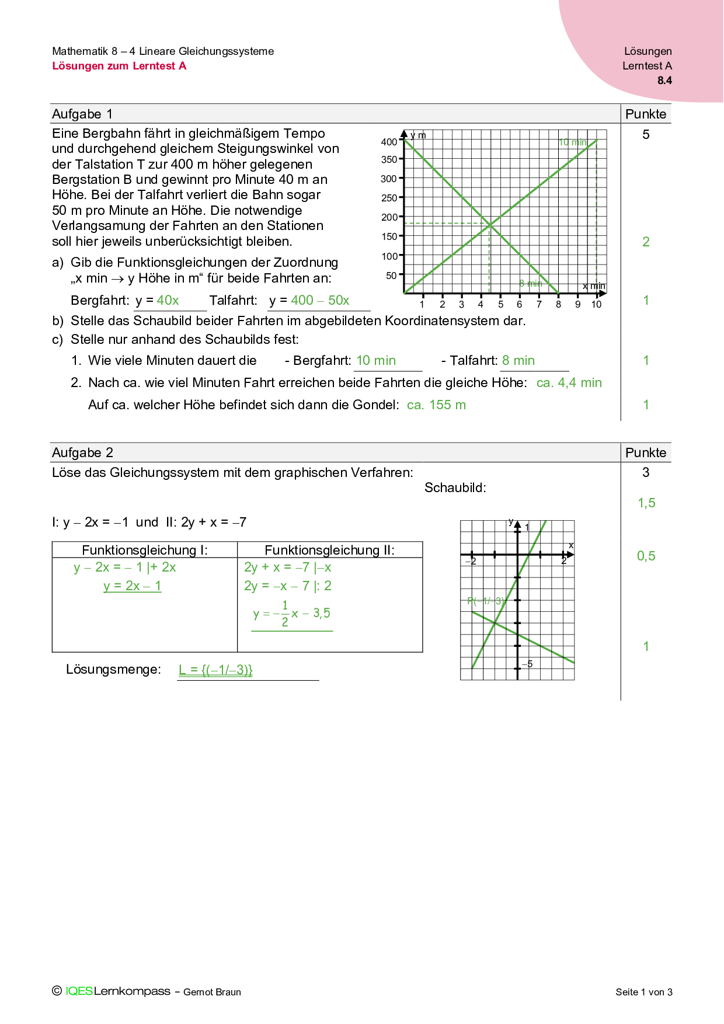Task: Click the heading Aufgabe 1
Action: (x=82, y=114)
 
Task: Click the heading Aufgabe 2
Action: (x=82, y=452)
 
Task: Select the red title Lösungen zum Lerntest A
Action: (x=119, y=66)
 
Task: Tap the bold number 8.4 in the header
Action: (x=664, y=81)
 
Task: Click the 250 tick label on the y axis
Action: (x=389, y=198)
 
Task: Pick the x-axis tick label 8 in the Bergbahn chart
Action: (x=558, y=304)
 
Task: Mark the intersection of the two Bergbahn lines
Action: (x=490, y=224)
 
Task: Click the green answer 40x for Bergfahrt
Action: (x=168, y=300)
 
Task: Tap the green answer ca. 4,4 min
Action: (x=569, y=383)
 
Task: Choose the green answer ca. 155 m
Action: (x=436, y=405)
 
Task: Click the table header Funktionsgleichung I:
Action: (x=145, y=550)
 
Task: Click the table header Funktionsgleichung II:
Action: (x=329, y=550)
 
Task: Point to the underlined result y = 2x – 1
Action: (x=132, y=586)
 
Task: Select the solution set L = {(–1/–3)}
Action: (x=215, y=670)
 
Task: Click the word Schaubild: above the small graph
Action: (x=455, y=487)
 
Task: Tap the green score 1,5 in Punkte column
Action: (x=646, y=503)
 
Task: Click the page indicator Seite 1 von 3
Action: (x=643, y=992)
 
